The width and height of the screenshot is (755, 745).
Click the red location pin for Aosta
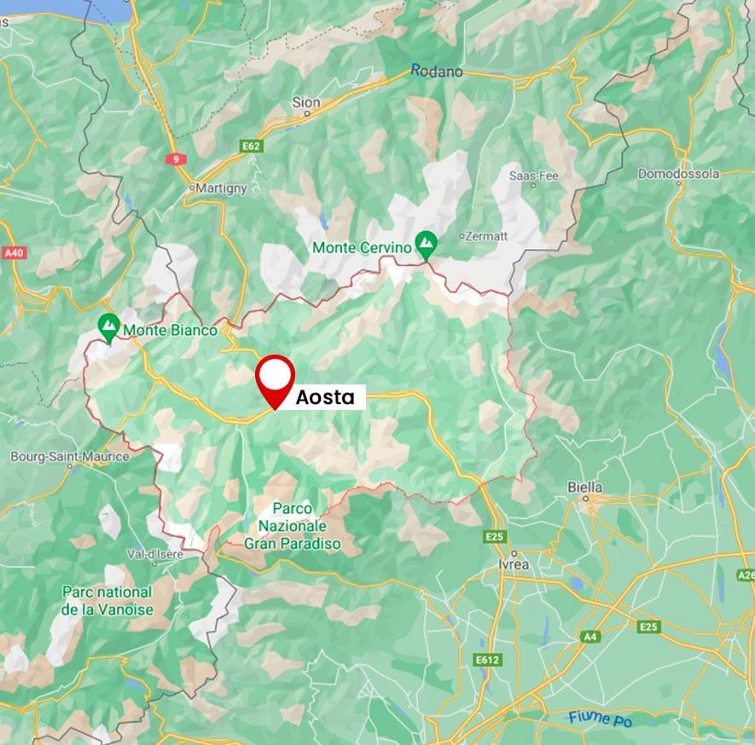[276, 378]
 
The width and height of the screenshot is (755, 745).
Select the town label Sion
[306, 102]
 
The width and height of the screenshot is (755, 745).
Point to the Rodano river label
[436, 72]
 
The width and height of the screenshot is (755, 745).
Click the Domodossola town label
[678, 174]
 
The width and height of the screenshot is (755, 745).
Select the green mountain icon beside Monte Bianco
[108, 326]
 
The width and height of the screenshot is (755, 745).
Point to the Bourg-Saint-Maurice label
[70, 457]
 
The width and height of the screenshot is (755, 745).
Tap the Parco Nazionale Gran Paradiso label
[292, 524]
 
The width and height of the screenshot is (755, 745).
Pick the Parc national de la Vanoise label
[107, 600]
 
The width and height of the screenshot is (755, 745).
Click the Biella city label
[585, 487]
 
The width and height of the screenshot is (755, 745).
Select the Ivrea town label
[514, 565]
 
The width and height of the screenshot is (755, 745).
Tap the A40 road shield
[15, 253]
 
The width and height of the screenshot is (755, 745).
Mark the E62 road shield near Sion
[251, 147]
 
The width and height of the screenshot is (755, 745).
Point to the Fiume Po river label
[602, 719]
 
